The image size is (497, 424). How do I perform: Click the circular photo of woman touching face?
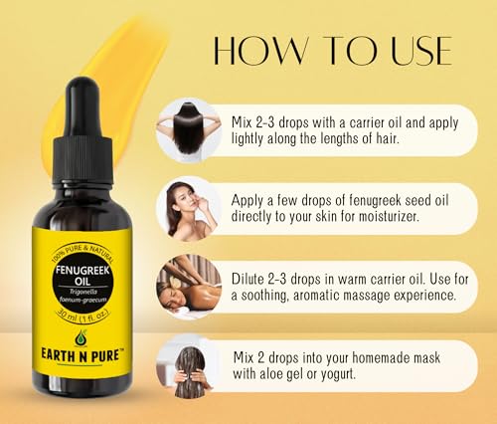tap(185, 208)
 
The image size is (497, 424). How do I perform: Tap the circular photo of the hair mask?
tap(185, 365)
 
